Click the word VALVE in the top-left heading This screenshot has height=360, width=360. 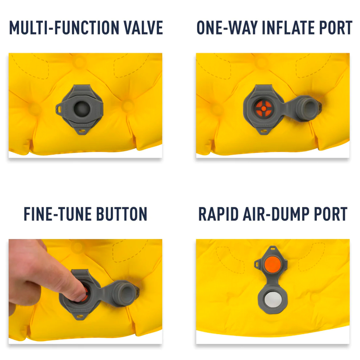point(143,28)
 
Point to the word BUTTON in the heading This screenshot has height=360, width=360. point(122,214)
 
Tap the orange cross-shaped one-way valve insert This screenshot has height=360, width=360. point(264,108)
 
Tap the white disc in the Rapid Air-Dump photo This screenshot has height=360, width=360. point(273,300)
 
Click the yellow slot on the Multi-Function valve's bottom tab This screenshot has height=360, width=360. point(82,131)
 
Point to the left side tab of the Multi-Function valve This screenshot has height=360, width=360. point(60,109)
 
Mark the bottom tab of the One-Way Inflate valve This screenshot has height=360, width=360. point(264,131)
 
